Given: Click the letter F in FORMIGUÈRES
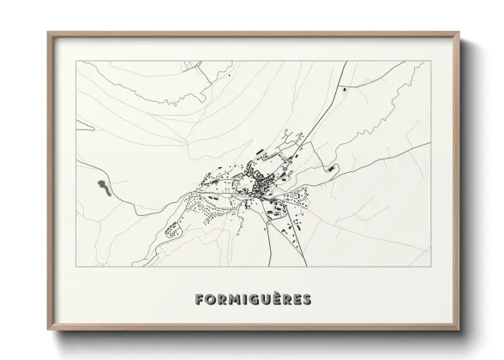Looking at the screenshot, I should pyautogui.click(x=200, y=300).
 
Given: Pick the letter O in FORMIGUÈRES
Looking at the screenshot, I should pyautogui.click(x=210, y=300).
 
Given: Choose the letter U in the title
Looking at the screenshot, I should pyautogui.click(x=265, y=300).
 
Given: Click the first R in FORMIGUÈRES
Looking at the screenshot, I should pyautogui.click(x=220, y=300).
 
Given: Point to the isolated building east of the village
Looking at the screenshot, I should pyautogui.click(x=327, y=168).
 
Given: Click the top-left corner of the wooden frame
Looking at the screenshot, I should pyautogui.click(x=49, y=33).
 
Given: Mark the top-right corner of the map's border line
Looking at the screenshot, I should pyautogui.click(x=429, y=61).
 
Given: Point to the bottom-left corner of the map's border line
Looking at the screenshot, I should pyautogui.click(x=76, y=267).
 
